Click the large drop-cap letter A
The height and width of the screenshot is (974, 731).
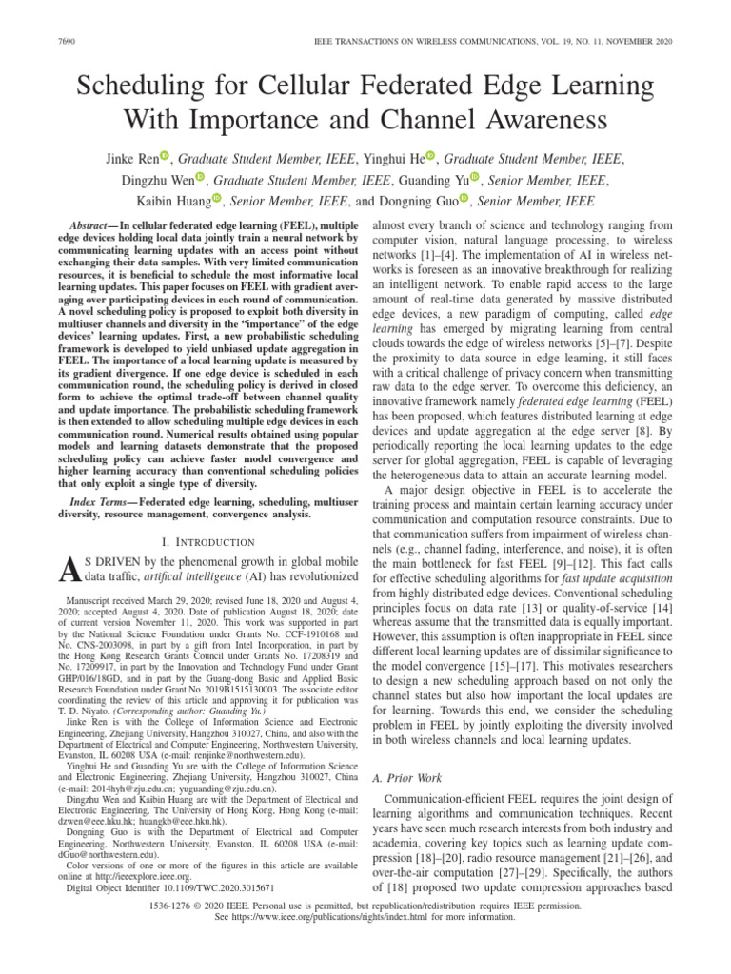[x=66, y=568]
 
